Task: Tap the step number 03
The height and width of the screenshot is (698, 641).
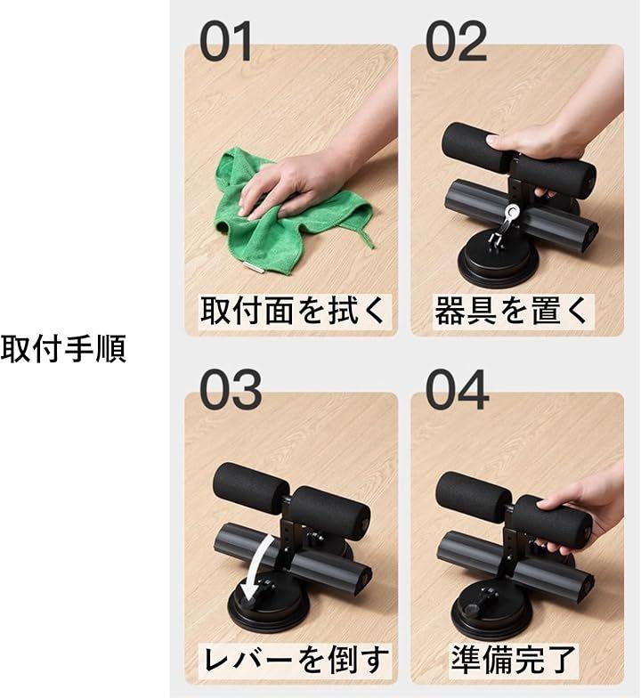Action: click(x=230, y=390)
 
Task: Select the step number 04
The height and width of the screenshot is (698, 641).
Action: click(x=458, y=390)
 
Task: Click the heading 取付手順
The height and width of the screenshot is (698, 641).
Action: click(x=63, y=349)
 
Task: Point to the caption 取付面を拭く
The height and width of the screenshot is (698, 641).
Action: click(x=292, y=310)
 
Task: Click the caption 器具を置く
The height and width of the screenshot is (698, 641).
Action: click(x=512, y=310)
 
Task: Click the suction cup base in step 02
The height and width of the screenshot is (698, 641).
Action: click(x=498, y=264)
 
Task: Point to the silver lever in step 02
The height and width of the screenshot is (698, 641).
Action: click(x=507, y=221)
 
